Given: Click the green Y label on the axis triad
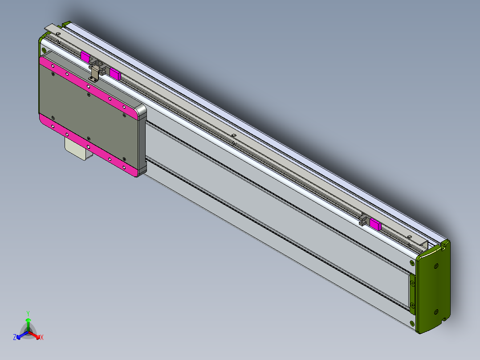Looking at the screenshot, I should (x=28, y=313).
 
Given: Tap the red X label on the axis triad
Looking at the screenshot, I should (x=42, y=338).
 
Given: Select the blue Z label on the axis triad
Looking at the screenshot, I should (x=15, y=338).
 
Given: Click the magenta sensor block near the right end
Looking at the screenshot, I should (x=375, y=224).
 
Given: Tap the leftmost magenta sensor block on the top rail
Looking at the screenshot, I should (x=85, y=56).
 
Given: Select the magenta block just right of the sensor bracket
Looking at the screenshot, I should (x=115, y=74).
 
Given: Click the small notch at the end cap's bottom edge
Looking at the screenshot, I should (x=443, y=319).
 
